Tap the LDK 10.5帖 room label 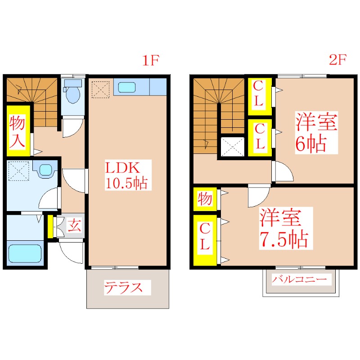(126, 175)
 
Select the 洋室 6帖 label (316, 133)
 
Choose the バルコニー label (299, 279)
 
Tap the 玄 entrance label (74, 225)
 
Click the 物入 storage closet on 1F (18, 130)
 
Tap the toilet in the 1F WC (72, 92)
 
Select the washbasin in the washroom (45, 170)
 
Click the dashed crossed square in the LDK (100, 89)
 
